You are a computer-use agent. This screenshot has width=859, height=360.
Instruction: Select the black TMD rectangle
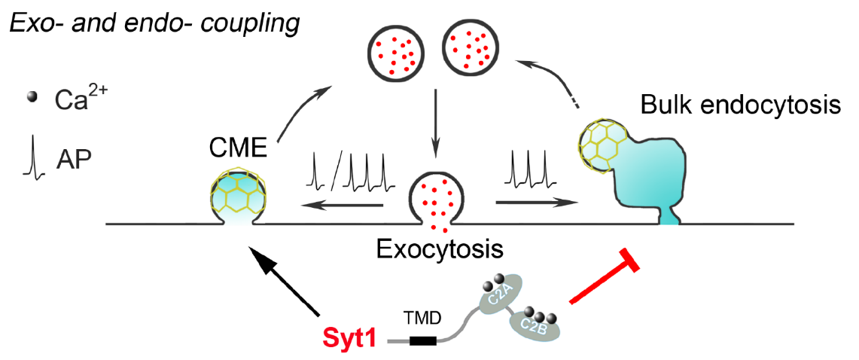423,340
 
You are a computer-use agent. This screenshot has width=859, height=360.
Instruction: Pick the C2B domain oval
535,327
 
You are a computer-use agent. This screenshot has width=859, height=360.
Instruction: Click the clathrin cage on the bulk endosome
598,143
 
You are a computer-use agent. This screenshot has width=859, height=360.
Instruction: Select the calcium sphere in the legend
32,97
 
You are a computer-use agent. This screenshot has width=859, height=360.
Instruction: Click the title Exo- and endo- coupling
154,23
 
